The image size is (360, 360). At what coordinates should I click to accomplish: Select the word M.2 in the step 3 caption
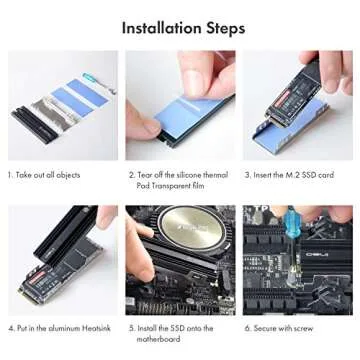click(x=297, y=175)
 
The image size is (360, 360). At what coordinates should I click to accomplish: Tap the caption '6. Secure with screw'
click(x=286, y=326)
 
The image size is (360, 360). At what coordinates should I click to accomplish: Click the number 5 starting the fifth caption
click(x=129, y=326)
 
